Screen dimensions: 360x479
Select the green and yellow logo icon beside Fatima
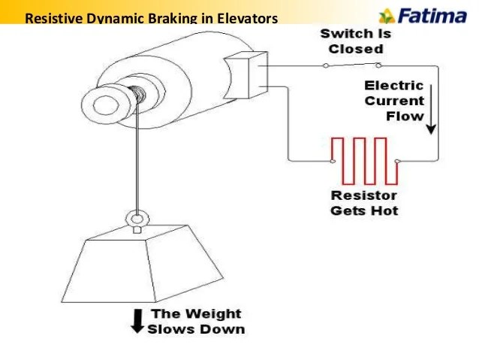[x=386, y=16]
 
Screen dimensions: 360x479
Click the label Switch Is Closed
[x=355, y=41]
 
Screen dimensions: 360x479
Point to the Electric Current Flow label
[x=394, y=101]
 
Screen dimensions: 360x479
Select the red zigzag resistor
[x=364, y=160]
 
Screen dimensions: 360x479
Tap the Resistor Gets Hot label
[x=364, y=203]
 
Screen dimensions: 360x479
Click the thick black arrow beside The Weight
[x=137, y=321]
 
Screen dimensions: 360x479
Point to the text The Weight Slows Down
[x=195, y=321]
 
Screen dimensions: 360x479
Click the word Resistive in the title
[x=50, y=17]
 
